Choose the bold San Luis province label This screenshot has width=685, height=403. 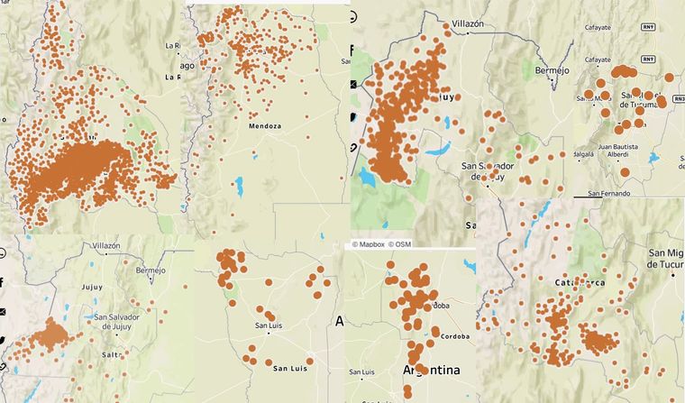coord(291,368)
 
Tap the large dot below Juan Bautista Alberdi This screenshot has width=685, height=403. coord(625,171)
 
